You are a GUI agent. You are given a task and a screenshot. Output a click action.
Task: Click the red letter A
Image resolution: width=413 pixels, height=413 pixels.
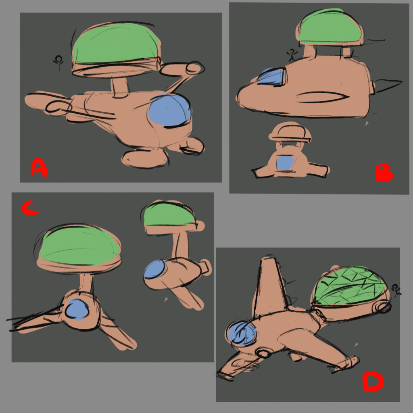39,168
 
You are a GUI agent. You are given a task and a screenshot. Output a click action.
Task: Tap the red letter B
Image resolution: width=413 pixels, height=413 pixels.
384,173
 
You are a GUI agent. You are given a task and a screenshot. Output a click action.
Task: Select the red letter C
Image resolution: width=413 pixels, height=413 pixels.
30,208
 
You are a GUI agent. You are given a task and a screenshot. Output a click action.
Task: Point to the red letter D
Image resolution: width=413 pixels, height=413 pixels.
373,382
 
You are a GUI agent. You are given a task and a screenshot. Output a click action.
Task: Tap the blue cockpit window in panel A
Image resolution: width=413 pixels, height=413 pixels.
169,110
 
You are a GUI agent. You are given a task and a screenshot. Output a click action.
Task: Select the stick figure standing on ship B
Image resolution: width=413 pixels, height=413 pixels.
292,55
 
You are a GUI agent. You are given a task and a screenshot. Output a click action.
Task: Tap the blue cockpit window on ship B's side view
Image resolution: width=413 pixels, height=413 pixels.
271,76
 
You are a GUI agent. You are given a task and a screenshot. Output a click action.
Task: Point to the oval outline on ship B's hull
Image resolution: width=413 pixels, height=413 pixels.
323,97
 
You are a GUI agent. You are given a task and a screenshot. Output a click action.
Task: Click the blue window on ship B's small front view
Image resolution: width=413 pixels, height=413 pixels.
285,163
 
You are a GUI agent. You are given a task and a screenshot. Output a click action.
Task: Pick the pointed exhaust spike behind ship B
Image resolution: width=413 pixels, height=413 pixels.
388,86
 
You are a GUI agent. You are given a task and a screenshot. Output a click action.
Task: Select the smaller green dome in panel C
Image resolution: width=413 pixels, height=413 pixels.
169,215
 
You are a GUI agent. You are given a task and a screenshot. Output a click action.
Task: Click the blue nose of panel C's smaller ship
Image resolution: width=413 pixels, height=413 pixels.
154,269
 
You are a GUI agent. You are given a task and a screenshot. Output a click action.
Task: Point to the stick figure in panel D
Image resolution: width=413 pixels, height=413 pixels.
396,290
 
